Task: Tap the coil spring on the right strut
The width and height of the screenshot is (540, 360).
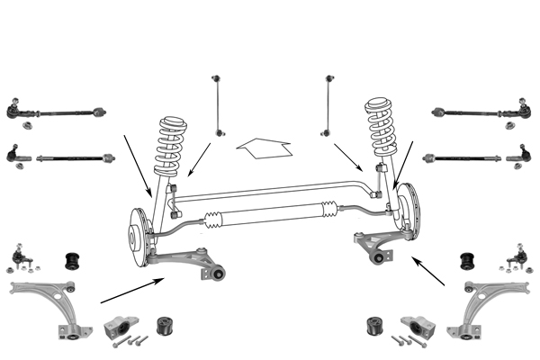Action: (x=382, y=130)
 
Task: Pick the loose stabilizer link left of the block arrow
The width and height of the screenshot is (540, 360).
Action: (x=218, y=103)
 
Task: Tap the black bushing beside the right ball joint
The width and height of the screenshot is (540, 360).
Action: (x=467, y=260)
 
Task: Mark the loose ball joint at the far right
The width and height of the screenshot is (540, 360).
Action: (x=519, y=258)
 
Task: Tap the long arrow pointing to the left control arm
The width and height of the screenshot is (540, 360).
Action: (x=130, y=290)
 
